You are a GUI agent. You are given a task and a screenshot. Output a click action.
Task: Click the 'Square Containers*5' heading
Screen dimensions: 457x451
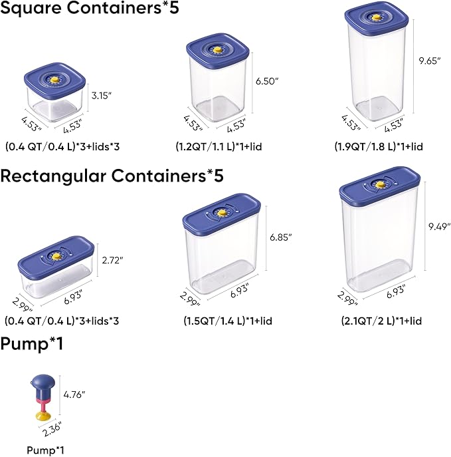90,10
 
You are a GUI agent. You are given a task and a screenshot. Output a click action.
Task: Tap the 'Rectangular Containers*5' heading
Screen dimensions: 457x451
112,176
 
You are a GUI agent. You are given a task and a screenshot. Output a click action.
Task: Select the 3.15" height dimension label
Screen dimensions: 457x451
102,96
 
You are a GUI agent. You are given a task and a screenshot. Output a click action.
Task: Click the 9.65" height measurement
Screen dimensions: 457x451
429,61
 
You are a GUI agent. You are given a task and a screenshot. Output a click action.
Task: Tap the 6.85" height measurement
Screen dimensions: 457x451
281,236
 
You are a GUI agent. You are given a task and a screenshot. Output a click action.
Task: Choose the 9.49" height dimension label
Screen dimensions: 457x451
439,226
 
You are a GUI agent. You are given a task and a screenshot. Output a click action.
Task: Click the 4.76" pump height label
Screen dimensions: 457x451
74,394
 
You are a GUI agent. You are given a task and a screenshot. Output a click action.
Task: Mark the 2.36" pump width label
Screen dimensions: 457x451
50,429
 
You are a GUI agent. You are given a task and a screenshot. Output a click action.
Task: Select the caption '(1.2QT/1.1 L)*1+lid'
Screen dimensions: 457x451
219,146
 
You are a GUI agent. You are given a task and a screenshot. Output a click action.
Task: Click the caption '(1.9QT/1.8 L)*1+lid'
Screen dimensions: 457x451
379,146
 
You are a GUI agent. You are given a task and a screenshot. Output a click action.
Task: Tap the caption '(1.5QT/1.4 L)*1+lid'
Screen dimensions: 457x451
228,321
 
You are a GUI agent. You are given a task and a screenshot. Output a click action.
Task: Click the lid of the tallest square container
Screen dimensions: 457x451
375,20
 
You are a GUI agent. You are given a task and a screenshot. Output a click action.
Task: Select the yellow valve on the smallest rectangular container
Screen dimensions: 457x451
56,254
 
